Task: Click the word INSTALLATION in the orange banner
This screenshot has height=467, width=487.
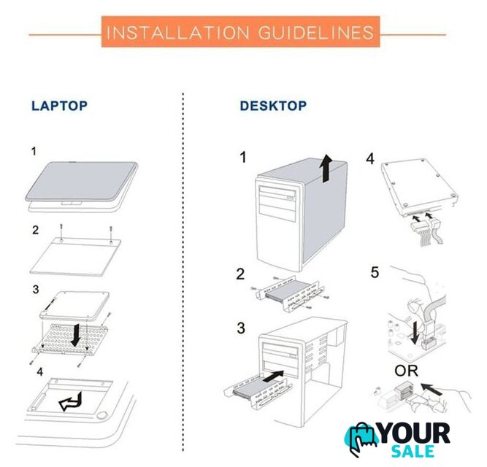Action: [177, 33]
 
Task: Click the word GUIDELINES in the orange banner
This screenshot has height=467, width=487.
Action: [316, 33]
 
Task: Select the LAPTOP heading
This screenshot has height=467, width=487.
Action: [59, 106]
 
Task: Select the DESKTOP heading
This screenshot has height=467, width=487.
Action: [273, 106]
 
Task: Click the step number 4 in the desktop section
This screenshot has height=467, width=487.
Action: [370, 158]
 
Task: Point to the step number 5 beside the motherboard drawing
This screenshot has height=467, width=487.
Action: [375, 272]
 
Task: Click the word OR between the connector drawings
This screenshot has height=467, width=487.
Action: [406, 371]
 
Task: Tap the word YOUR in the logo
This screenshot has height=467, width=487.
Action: [414, 433]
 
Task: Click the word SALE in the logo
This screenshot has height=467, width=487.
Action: [413, 451]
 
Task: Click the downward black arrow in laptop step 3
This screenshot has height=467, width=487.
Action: [75, 335]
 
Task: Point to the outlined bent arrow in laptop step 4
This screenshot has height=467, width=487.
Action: [71, 401]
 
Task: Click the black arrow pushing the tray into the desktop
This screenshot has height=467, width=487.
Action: [273, 376]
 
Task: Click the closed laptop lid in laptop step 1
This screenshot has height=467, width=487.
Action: [81, 182]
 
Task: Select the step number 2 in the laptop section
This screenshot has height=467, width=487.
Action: [35, 230]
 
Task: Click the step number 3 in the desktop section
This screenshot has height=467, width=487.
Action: [241, 328]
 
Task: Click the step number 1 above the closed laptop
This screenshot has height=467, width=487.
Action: [34, 152]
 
